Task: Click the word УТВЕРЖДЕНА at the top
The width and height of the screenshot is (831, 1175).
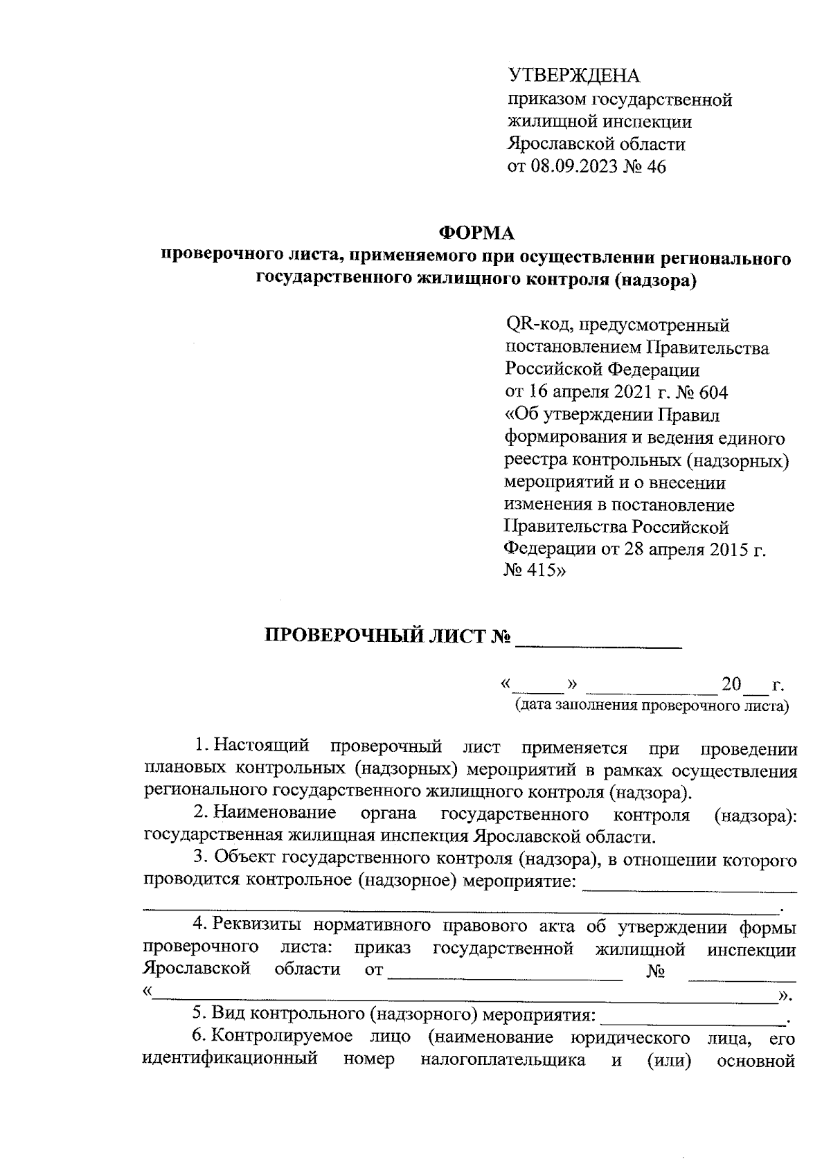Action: click(574, 75)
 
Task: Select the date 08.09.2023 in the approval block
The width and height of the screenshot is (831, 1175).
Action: click(576, 167)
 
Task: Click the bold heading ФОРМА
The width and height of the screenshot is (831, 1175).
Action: click(477, 234)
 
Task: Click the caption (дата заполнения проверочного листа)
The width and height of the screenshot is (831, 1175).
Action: click(651, 707)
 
